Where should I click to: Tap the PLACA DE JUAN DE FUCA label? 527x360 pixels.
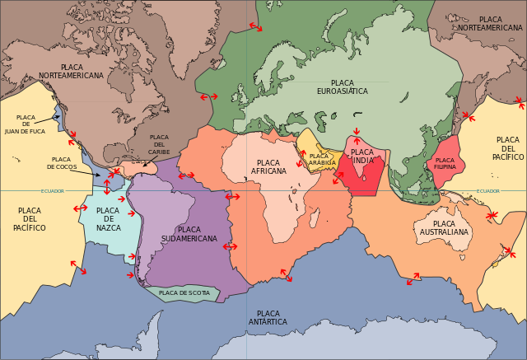26,124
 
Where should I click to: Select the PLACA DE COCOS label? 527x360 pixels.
62,163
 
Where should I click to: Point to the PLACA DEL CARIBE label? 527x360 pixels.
159,144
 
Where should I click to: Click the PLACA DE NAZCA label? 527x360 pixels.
108,218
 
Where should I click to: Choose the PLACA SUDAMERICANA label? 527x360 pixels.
189,234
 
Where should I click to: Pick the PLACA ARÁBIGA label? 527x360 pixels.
322,159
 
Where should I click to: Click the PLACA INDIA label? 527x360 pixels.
362,157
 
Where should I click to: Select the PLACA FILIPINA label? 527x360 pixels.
445,163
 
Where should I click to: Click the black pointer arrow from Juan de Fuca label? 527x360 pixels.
56,117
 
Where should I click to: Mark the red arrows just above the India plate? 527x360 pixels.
356,131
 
